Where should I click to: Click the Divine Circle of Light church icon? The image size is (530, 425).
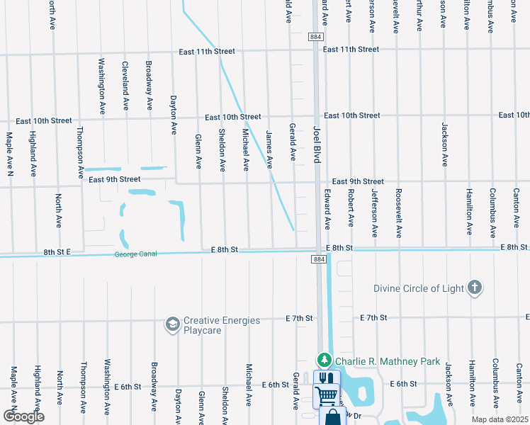pyautogui.click(x=475, y=288)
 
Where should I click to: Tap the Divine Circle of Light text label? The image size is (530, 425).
pyautogui.click(x=419, y=288)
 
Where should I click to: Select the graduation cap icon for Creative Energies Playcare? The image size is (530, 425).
pyautogui.click(x=172, y=324)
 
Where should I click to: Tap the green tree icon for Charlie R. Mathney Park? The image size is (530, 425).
pyautogui.click(x=324, y=361)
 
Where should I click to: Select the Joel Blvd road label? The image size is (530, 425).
pyautogui.click(x=317, y=144)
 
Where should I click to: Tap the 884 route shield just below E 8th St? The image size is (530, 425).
pyautogui.click(x=317, y=260)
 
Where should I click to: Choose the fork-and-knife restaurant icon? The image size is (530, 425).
pyautogui.click(x=325, y=379)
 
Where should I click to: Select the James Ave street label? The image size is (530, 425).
pyautogui.click(x=269, y=149)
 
